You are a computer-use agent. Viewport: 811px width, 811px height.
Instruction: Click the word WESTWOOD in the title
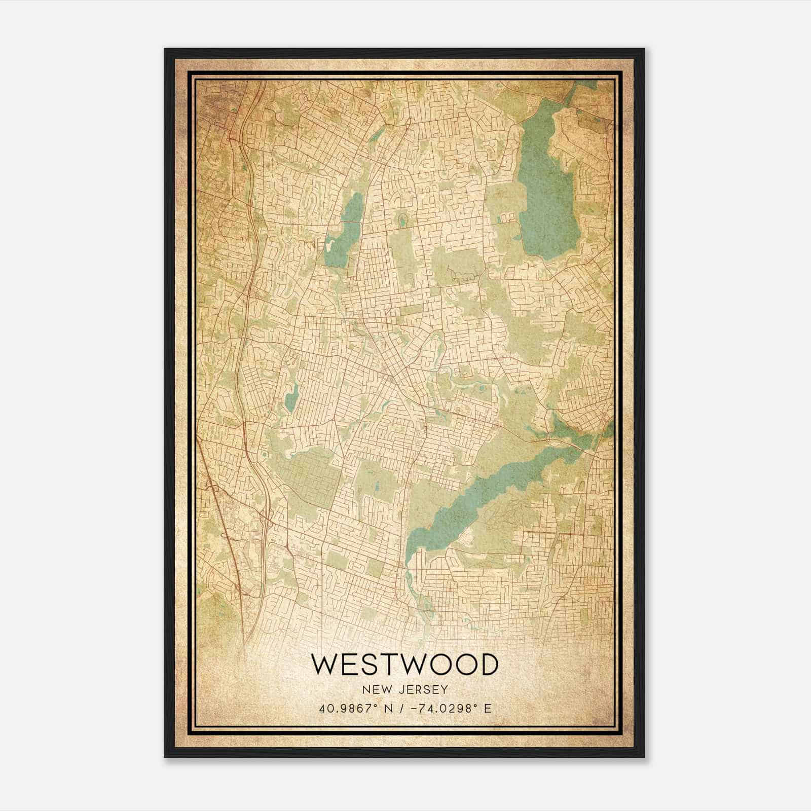[x=404, y=665]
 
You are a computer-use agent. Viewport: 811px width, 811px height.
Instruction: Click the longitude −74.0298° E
[x=448, y=709]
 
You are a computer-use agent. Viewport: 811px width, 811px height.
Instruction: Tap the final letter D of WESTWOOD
[x=488, y=665]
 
